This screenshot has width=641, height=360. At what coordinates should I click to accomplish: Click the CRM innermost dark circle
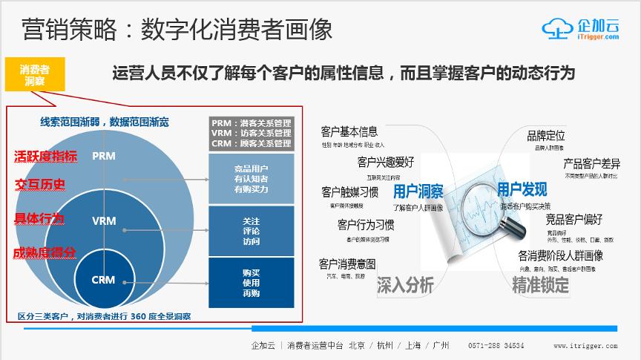(x=103, y=280)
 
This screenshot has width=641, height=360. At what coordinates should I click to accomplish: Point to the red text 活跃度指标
(x=45, y=156)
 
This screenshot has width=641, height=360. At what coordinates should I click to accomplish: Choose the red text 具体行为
(x=39, y=218)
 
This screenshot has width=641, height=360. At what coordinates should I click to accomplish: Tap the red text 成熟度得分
(x=45, y=252)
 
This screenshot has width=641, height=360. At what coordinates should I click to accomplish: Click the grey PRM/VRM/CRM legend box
(x=251, y=133)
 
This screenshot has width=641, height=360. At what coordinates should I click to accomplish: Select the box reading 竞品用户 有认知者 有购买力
(x=251, y=179)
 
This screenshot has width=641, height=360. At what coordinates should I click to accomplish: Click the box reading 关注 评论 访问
(x=251, y=231)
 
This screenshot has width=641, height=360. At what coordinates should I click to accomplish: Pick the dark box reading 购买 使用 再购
(x=251, y=282)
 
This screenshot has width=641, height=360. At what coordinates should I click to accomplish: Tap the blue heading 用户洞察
(x=418, y=191)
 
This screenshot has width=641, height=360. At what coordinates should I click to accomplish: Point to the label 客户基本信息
(x=349, y=132)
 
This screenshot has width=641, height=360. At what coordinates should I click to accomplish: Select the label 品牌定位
(x=545, y=136)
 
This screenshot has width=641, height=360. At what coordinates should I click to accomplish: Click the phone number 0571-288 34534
(x=496, y=346)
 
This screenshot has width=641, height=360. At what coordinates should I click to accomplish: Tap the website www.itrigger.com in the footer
(x=585, y=346)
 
